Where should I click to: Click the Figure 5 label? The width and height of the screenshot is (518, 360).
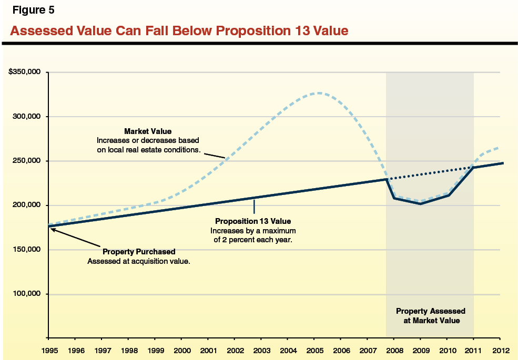pos(33,10)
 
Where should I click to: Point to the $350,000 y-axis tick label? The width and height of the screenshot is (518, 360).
pos(25,72)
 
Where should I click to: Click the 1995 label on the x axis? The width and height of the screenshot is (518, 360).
pos(49,349)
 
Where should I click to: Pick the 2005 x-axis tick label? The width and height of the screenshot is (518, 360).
pos(314,349)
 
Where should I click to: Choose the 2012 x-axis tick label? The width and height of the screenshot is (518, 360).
pos(500,349)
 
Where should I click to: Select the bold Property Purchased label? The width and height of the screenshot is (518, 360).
pos(139,252)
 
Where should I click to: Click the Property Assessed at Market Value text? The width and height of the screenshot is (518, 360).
pos(430,316)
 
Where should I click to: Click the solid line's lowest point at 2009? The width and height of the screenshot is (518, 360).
pos(421,203)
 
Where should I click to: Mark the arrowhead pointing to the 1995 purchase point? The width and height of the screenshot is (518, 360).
pos(52,229)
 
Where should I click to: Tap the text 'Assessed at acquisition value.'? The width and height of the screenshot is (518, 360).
pos(139,261)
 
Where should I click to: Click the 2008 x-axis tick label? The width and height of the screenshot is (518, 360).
pos(394,349)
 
